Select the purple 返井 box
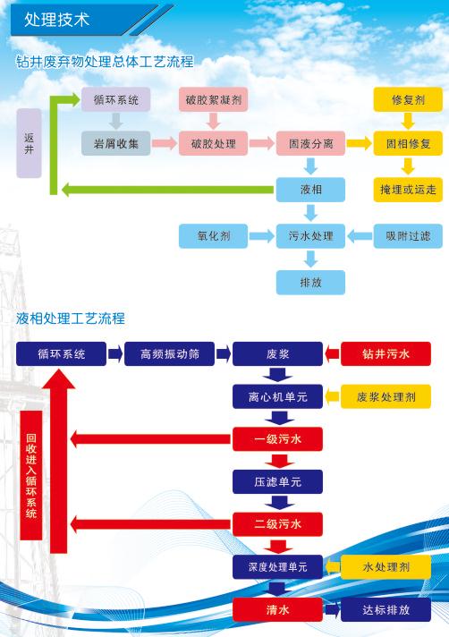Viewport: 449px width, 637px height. pos(29,143)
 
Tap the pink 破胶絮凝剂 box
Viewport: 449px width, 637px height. pos(213,99)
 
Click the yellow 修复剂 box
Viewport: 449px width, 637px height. pos(408,99)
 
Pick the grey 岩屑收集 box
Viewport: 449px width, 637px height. pos(115,143)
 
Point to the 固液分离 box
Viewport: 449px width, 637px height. pos(310,143)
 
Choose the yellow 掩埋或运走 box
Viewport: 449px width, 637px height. pos(408,190)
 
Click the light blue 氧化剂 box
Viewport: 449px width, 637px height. pos(213,235)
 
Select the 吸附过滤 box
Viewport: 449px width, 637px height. pos(408,235)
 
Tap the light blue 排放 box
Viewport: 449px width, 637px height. pos(310,282)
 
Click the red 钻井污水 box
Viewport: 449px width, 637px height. pos(385,354)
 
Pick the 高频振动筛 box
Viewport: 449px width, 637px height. pos(169,354)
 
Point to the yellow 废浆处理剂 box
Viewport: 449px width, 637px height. pos(385,396)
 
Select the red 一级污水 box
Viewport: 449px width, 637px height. pos(277,438)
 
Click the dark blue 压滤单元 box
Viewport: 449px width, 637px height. pos(277,481)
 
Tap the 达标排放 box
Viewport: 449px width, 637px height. pos(385,609)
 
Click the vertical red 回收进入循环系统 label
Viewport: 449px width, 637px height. pos(31,475)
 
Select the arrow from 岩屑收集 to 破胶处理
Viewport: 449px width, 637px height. pos(165,143)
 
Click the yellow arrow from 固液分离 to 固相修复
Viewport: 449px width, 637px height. pos(360,143)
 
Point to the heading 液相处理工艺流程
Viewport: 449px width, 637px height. pos(71,318)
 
